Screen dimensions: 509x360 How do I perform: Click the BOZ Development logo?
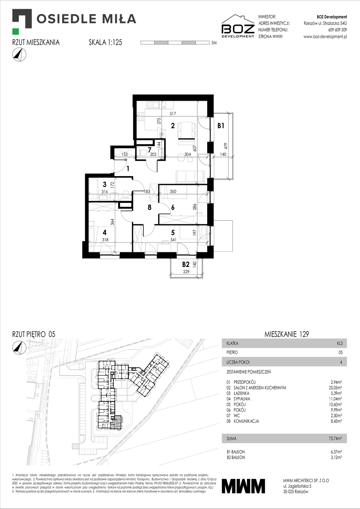238,26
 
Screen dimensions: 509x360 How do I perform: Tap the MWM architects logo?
243,486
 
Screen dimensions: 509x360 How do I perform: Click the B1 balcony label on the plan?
221,126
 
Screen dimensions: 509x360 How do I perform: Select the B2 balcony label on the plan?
185,265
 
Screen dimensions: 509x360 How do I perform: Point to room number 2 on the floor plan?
173,126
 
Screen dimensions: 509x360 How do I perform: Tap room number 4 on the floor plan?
105,232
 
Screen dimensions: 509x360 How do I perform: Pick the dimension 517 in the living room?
173,114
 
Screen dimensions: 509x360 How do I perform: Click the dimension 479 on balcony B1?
226,146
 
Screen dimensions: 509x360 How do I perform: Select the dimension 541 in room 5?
173,240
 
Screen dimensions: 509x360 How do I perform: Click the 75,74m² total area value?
335,438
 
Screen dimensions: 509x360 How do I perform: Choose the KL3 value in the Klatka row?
340,343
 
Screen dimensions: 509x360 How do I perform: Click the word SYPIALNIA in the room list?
242,399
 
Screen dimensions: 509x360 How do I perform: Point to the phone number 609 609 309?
338,30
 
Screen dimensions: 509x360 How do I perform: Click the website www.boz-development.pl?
325,37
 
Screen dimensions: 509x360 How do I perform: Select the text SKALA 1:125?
105,42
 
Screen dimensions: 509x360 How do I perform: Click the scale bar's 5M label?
214,43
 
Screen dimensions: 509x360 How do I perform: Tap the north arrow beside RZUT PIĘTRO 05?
19,347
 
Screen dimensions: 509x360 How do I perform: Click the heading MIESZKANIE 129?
287,334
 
